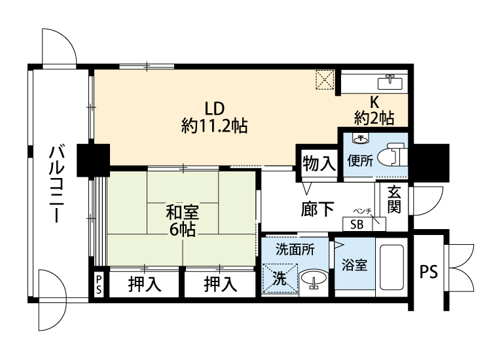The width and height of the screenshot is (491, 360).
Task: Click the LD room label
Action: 214,107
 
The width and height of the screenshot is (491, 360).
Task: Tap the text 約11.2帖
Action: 214,126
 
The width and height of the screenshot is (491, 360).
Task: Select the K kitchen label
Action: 374,102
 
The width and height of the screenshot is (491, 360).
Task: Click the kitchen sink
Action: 392,81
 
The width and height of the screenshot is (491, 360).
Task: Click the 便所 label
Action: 361,160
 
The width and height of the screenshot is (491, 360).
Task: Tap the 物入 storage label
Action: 319,164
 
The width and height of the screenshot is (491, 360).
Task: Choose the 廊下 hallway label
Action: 318,209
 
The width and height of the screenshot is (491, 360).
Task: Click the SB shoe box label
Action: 357,223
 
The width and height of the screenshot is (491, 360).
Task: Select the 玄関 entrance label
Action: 394,200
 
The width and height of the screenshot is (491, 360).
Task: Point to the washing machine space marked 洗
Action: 280,278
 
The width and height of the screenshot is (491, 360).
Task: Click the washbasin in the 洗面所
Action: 316,279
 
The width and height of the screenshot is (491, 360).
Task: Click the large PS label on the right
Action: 428,271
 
